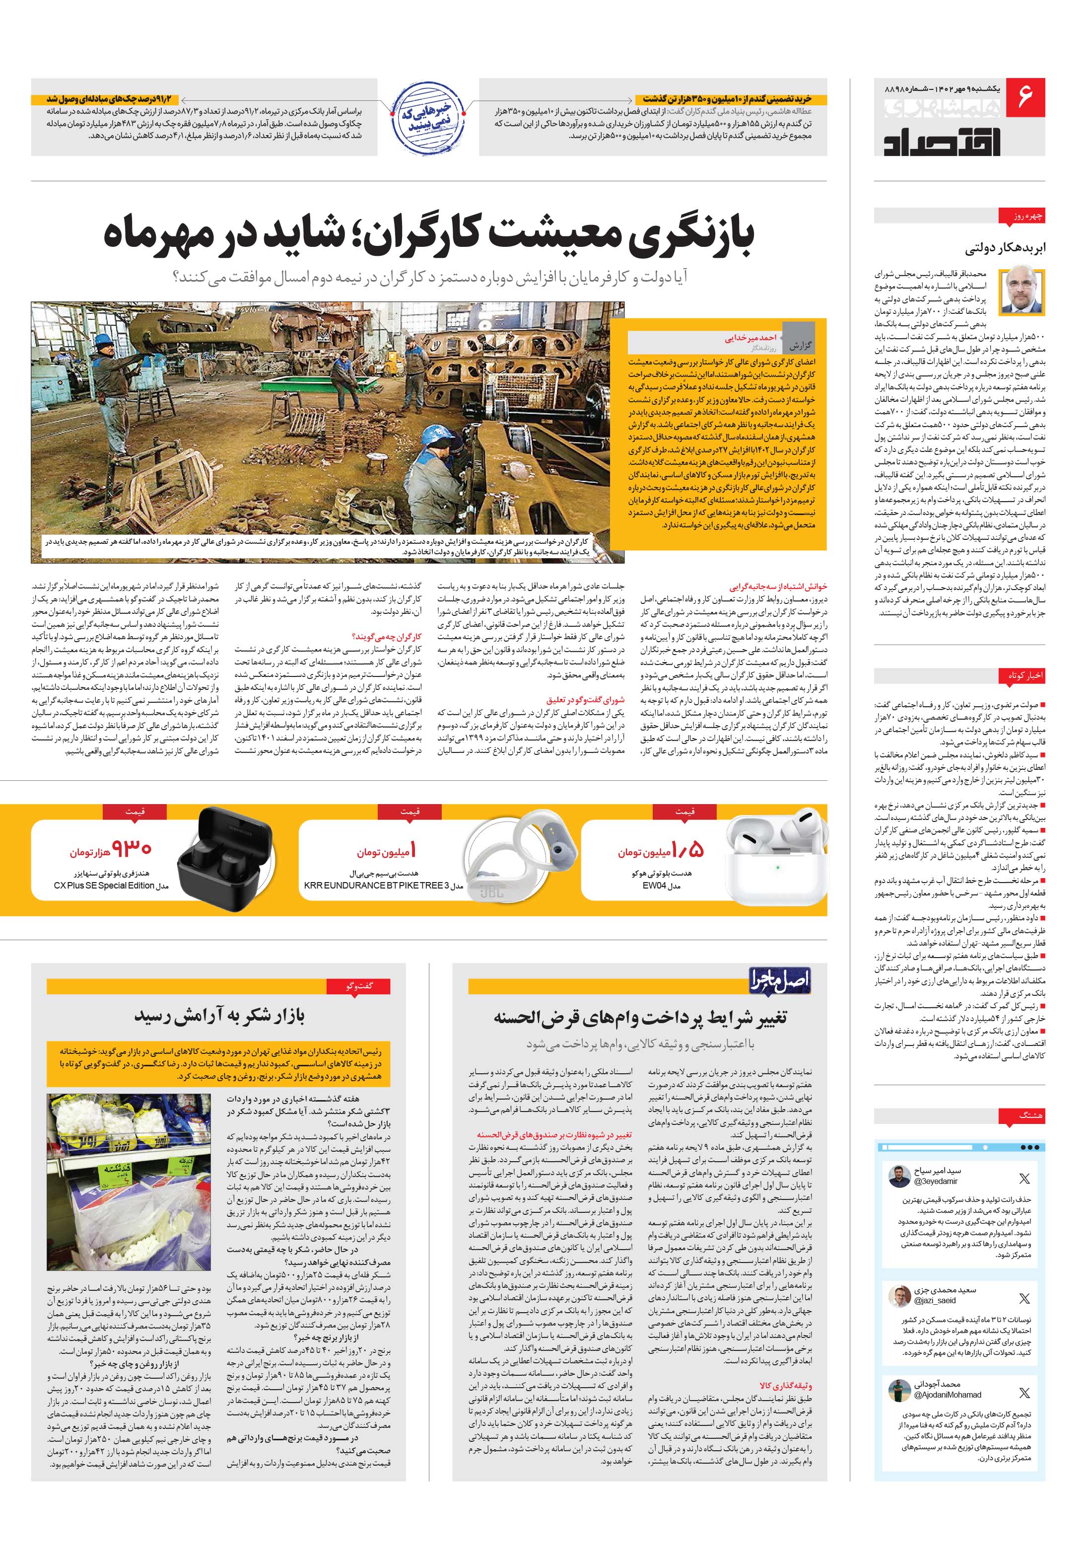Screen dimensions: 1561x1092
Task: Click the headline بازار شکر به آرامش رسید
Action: tap(219, 1016)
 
